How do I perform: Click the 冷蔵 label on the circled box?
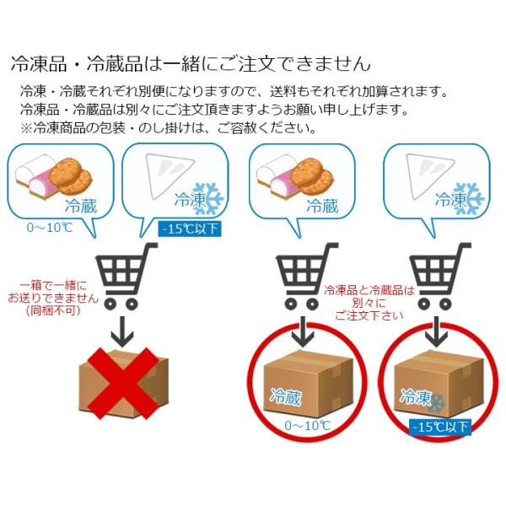285,396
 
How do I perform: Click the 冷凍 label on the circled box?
416,396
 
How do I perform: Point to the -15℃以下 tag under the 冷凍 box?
440,427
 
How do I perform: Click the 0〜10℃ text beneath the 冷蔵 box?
306,426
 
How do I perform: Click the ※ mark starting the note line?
24,129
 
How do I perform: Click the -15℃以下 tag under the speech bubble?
191,228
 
